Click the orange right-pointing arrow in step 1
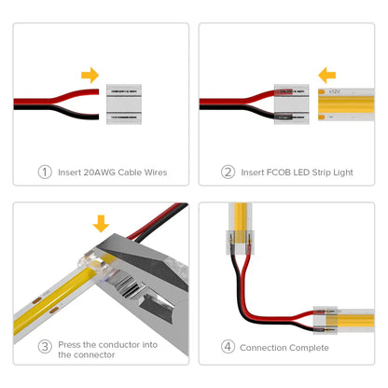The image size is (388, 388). point(90,74)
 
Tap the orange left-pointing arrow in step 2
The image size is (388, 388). point(326,74)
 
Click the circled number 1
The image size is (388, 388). point(44,172)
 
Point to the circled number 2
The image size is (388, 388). point(228,172)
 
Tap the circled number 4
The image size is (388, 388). point(227,348)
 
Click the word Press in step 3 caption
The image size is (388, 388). point(70,343)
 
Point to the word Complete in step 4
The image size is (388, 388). point(307,348)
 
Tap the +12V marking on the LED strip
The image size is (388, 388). point(333,93)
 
